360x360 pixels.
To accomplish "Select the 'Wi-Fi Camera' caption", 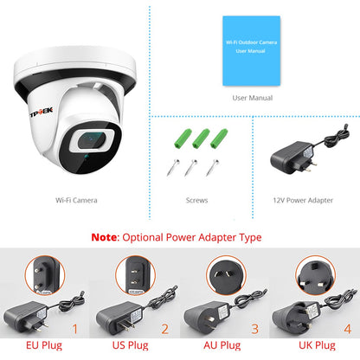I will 76,200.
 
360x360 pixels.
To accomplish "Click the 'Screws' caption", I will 197,200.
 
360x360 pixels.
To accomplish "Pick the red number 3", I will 255,329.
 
